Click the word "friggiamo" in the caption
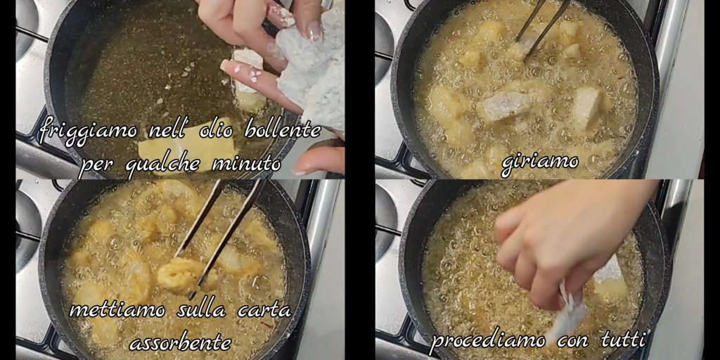88,131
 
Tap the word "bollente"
283,130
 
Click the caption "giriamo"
539,163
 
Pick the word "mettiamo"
117,310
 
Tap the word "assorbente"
180,342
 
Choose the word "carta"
264,311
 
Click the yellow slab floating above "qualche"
188,148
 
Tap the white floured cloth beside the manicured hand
312,69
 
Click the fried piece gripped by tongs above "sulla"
180,276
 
